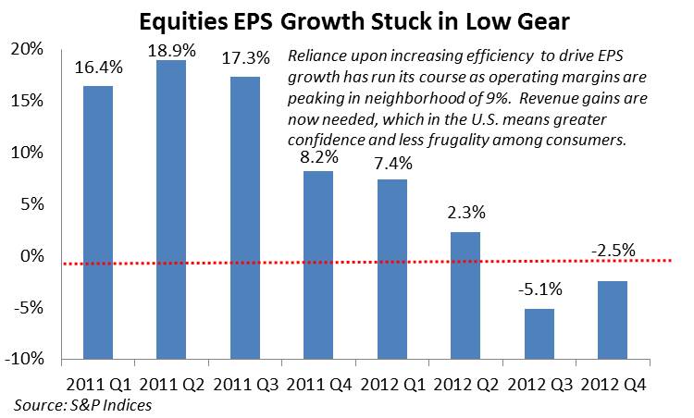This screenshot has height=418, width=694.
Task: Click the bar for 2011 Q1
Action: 98,223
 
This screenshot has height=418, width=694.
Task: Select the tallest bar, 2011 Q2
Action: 171,210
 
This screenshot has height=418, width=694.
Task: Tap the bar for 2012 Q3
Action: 539,334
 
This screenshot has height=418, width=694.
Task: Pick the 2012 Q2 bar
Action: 465,296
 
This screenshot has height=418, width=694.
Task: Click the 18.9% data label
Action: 172,51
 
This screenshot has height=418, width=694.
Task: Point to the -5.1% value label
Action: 539,289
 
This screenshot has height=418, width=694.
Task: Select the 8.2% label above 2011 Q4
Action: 319,156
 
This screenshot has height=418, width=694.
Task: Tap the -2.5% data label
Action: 613,251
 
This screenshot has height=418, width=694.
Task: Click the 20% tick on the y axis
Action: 27,49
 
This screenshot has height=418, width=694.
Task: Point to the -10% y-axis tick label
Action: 24,359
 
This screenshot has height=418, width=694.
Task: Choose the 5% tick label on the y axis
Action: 31,204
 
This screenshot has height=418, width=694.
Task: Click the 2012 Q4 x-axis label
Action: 613,385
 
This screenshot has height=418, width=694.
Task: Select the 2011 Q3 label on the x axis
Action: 245,385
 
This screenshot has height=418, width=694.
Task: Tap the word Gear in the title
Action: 540,21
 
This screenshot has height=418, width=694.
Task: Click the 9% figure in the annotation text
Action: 495,98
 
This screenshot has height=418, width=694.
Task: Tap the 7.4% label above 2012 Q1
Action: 392,164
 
